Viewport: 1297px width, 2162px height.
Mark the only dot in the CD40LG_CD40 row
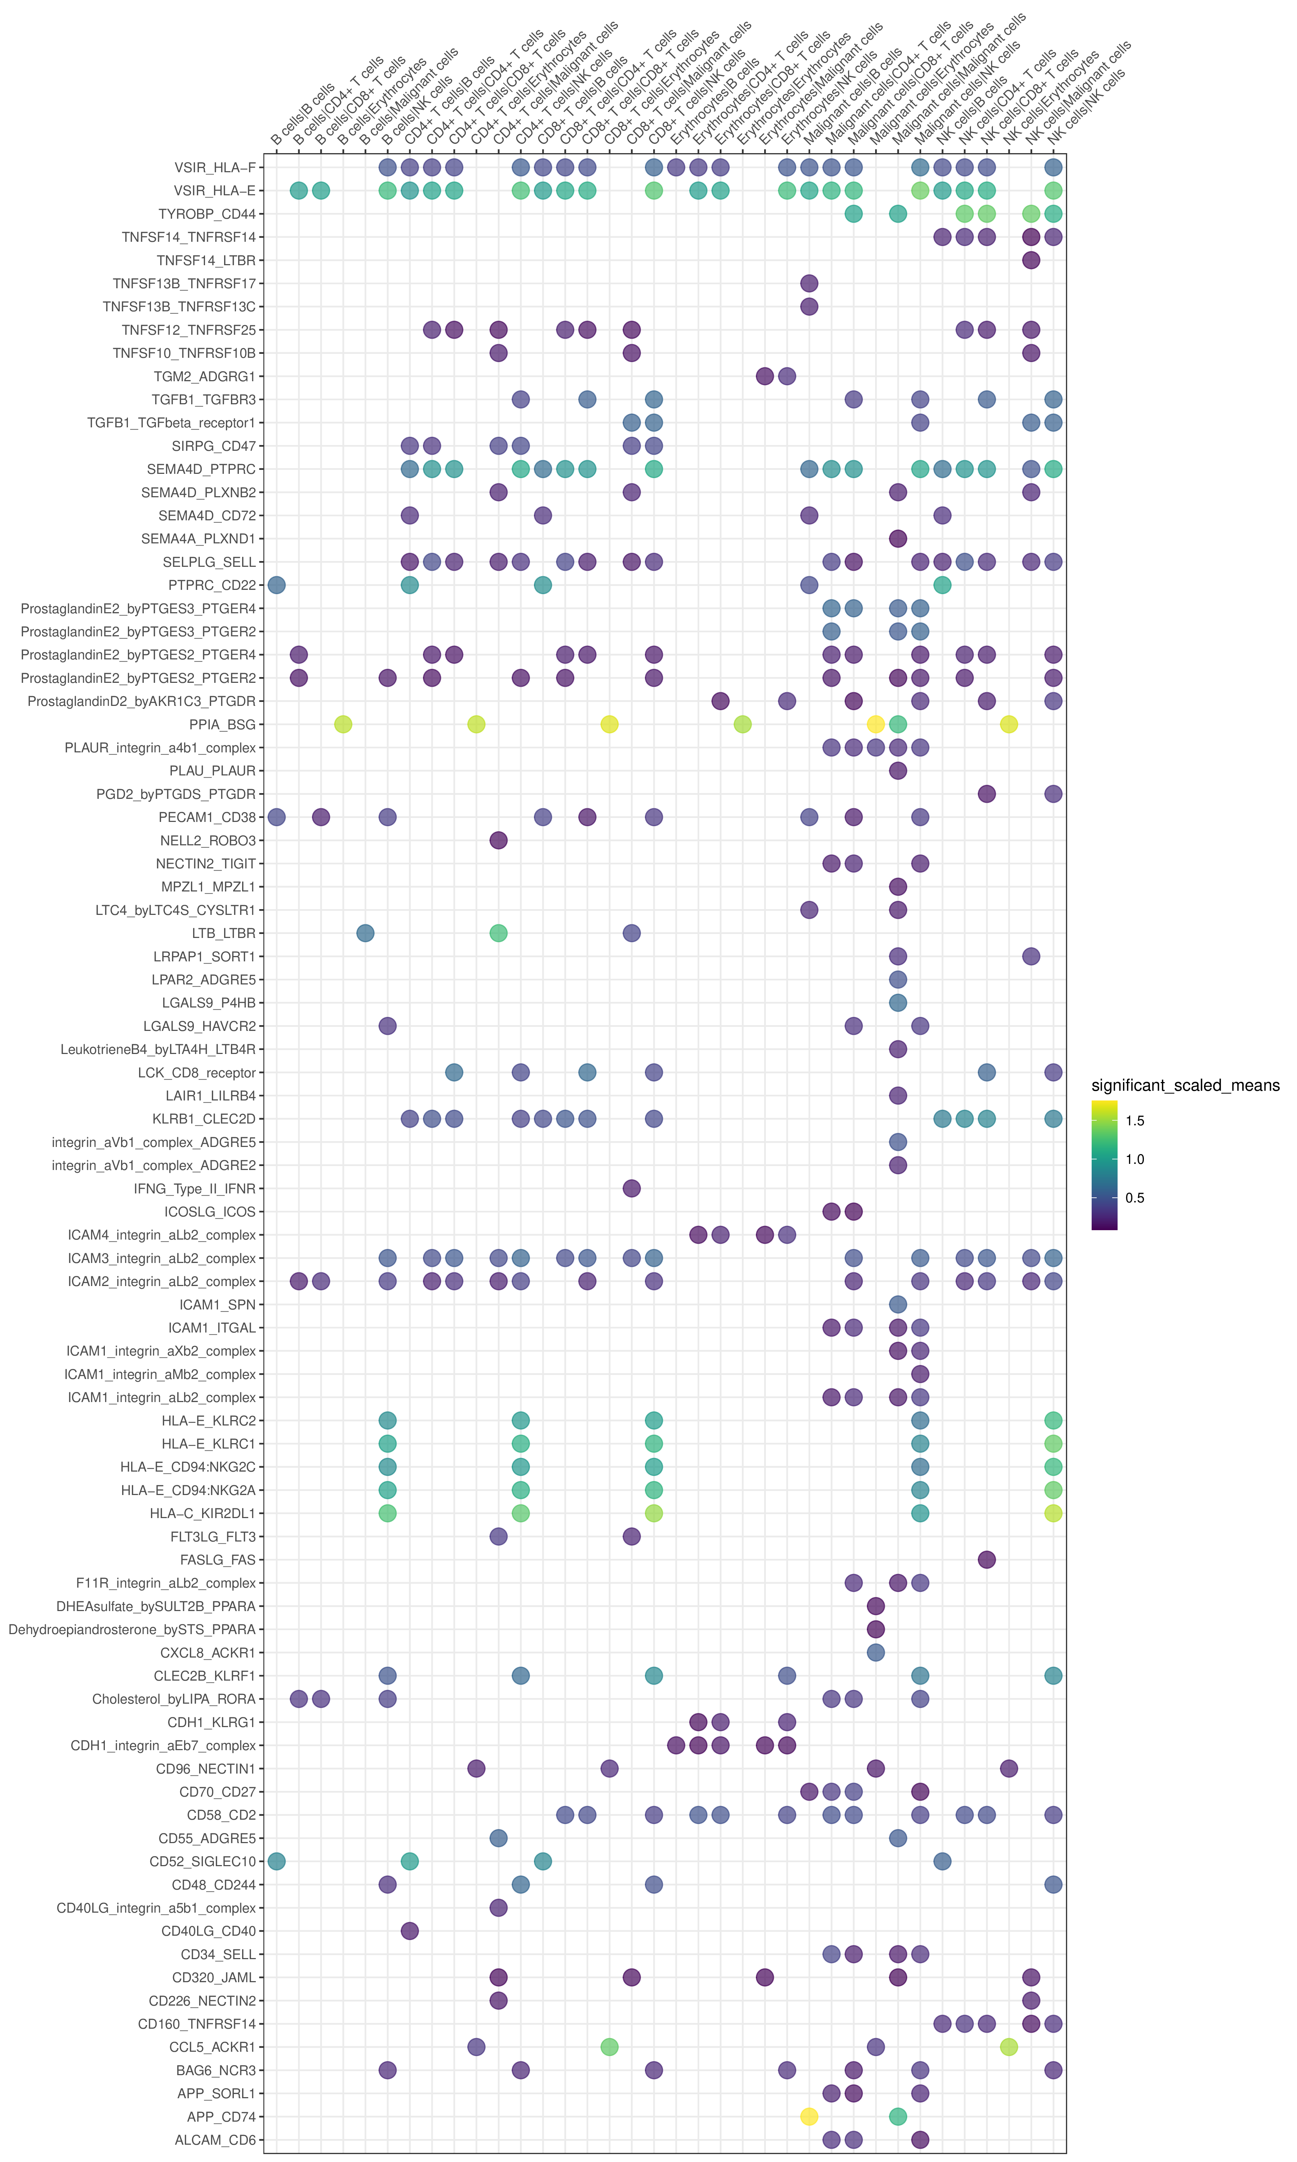409,1930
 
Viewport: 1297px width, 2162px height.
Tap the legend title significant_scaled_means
1185,1085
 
